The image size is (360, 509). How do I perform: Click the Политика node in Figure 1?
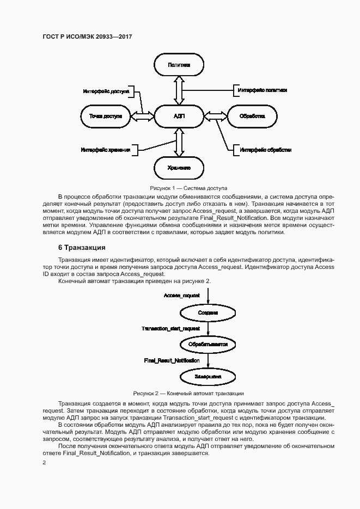(x=179, y=65)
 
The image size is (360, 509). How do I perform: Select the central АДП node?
(x=179, y=116)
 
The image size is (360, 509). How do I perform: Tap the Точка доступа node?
(x=105, y=116)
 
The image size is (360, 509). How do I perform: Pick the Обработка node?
(x=252, y=116)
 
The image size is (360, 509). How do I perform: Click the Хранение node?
(x=179, y=168)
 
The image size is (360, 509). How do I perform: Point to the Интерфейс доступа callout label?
(x=106, y=91)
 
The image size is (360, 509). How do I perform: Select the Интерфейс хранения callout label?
(x=106, y=150)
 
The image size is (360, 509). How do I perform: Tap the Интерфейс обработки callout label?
(x=266, y=150)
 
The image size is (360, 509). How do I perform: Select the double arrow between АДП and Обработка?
(x=215, y=116)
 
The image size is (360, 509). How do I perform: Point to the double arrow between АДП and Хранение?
(x=179, y=143)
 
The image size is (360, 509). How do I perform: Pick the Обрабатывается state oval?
(x=208, y=345)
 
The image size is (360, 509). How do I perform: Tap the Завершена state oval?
(x=208, y=376)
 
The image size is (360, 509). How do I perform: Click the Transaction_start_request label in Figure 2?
(x=170, y=329)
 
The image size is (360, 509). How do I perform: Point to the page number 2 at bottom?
(x=45, y=462)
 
